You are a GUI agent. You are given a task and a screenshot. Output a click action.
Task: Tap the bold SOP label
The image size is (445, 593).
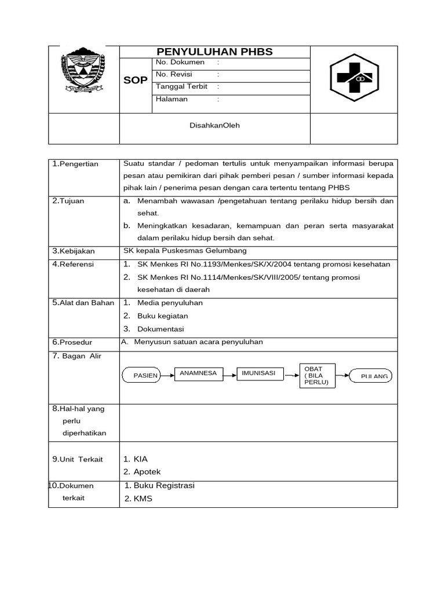tap(136, 80)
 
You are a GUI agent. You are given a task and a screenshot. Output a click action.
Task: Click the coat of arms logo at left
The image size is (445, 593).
tap(84, 72)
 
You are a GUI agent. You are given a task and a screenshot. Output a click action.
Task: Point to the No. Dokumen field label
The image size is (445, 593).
tap(180, 62)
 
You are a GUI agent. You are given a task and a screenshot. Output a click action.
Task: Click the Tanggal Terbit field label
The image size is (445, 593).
tap(181, 86)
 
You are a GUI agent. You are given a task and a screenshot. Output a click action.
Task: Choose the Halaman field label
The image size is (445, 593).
tap(172, 99)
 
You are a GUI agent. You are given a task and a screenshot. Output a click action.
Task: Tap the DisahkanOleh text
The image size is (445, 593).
tap(214, 125)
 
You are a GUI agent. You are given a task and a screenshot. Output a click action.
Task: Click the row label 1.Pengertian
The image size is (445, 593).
tap(75, 164)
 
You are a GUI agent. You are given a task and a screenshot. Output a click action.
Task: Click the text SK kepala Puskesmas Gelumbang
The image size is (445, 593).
tap(185, 251)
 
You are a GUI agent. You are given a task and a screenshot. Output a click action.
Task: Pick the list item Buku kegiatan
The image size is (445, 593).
tap(162, 316)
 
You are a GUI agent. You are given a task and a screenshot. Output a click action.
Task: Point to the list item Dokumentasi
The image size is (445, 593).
tap(161, 330)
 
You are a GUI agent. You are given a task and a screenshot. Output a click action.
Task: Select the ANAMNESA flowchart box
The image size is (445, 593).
tap(199, 374)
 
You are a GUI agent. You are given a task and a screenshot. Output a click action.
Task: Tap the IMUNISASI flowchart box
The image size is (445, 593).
tap(259, 374)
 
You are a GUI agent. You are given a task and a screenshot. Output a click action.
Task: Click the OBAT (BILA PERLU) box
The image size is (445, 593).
tap(317, 375)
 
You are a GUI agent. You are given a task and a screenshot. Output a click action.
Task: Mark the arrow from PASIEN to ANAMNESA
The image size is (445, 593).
tap(167, 375)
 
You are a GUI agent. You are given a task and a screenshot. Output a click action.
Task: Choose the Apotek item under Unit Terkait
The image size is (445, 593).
tap(147, 472)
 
